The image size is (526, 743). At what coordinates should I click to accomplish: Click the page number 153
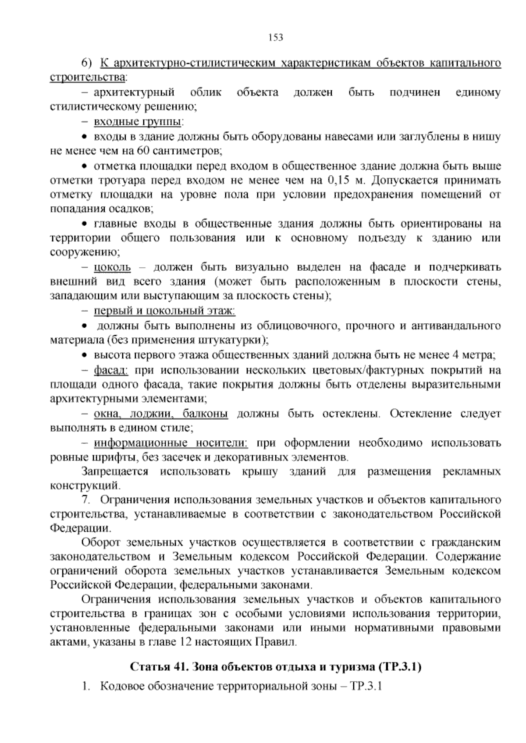point(276,37)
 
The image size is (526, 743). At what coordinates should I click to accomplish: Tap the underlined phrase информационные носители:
point(171,443)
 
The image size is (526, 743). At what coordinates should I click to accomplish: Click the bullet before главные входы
point(85,224)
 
